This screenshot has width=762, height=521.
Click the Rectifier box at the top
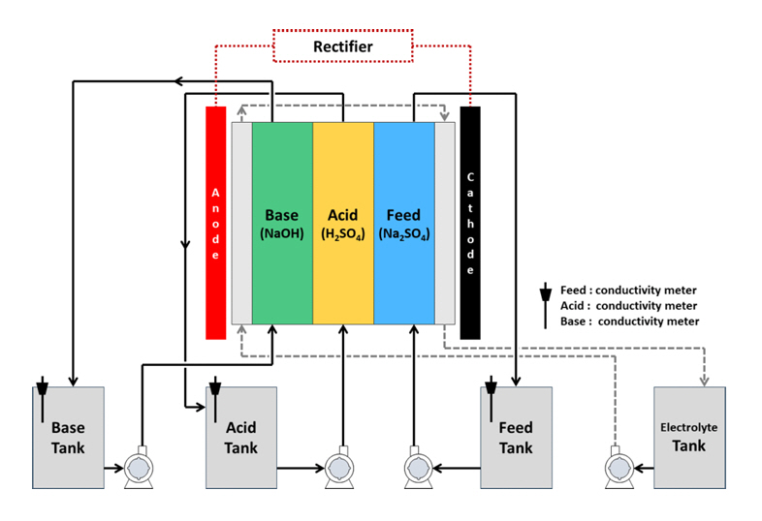342,46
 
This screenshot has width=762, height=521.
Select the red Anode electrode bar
216,223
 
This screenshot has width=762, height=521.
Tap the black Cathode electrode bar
470,223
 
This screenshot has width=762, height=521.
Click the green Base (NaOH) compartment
282,223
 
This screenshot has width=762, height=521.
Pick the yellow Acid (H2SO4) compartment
342,223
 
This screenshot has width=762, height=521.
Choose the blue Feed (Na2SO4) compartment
403,223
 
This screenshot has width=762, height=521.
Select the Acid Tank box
240,437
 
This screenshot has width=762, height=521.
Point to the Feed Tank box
516,437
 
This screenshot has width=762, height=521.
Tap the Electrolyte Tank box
688,437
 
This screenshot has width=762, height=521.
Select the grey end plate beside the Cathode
444,223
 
